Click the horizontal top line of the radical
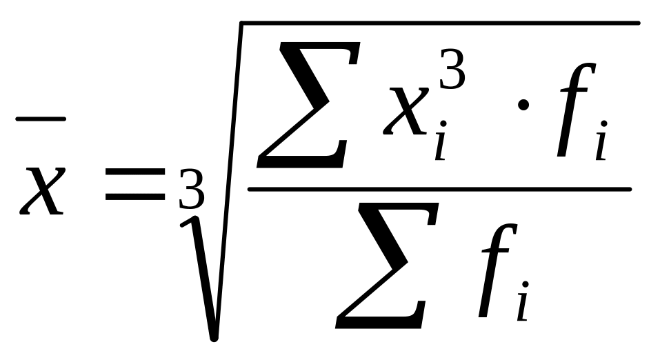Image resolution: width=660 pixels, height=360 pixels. [x=441, y=25]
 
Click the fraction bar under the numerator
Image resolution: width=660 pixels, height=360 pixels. [x=439, y=188]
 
